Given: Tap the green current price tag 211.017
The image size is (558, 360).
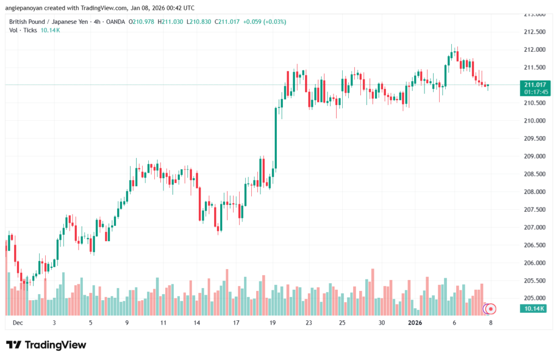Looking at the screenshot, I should point(535,84).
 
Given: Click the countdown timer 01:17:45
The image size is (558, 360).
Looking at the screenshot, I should point(535,92).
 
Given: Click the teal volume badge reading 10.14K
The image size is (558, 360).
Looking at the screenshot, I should point(535,308).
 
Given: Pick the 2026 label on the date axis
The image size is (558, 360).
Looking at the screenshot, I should point(415,322).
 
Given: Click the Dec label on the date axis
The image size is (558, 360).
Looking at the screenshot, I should point(17,322).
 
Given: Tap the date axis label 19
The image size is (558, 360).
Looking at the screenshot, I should point(272,322).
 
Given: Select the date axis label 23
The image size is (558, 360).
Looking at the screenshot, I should point(308,322).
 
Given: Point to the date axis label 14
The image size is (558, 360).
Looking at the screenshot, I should point(197,322).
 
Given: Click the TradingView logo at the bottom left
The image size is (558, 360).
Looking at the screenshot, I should point(46,345).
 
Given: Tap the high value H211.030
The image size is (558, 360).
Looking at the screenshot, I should point(171,21).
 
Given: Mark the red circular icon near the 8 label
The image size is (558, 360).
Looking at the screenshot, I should point(491,309).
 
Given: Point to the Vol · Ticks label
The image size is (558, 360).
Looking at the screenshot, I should point(23,30).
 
